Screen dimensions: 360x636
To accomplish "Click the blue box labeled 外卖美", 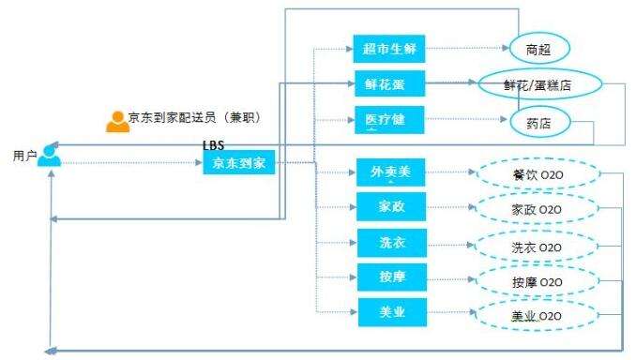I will click(x=391, y=172).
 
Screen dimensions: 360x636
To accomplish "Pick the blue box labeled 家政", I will click(x=391, y=207).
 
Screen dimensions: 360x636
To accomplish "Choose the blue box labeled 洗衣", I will click(x=391, y=242).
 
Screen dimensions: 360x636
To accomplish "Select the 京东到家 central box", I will click(x=237, y=163).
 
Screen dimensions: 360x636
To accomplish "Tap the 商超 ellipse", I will click(x=539, y=49).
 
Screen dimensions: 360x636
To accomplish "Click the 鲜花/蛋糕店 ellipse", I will click(x=538, y=84).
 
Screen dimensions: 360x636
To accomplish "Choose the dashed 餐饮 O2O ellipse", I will click(x=537, y=174).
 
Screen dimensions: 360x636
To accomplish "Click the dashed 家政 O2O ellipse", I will click(x=537, y=209).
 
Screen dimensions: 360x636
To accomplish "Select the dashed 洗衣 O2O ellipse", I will click(x=537, y=246).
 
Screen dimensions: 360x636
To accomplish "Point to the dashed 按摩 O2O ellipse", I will click(x=537, y=280).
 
